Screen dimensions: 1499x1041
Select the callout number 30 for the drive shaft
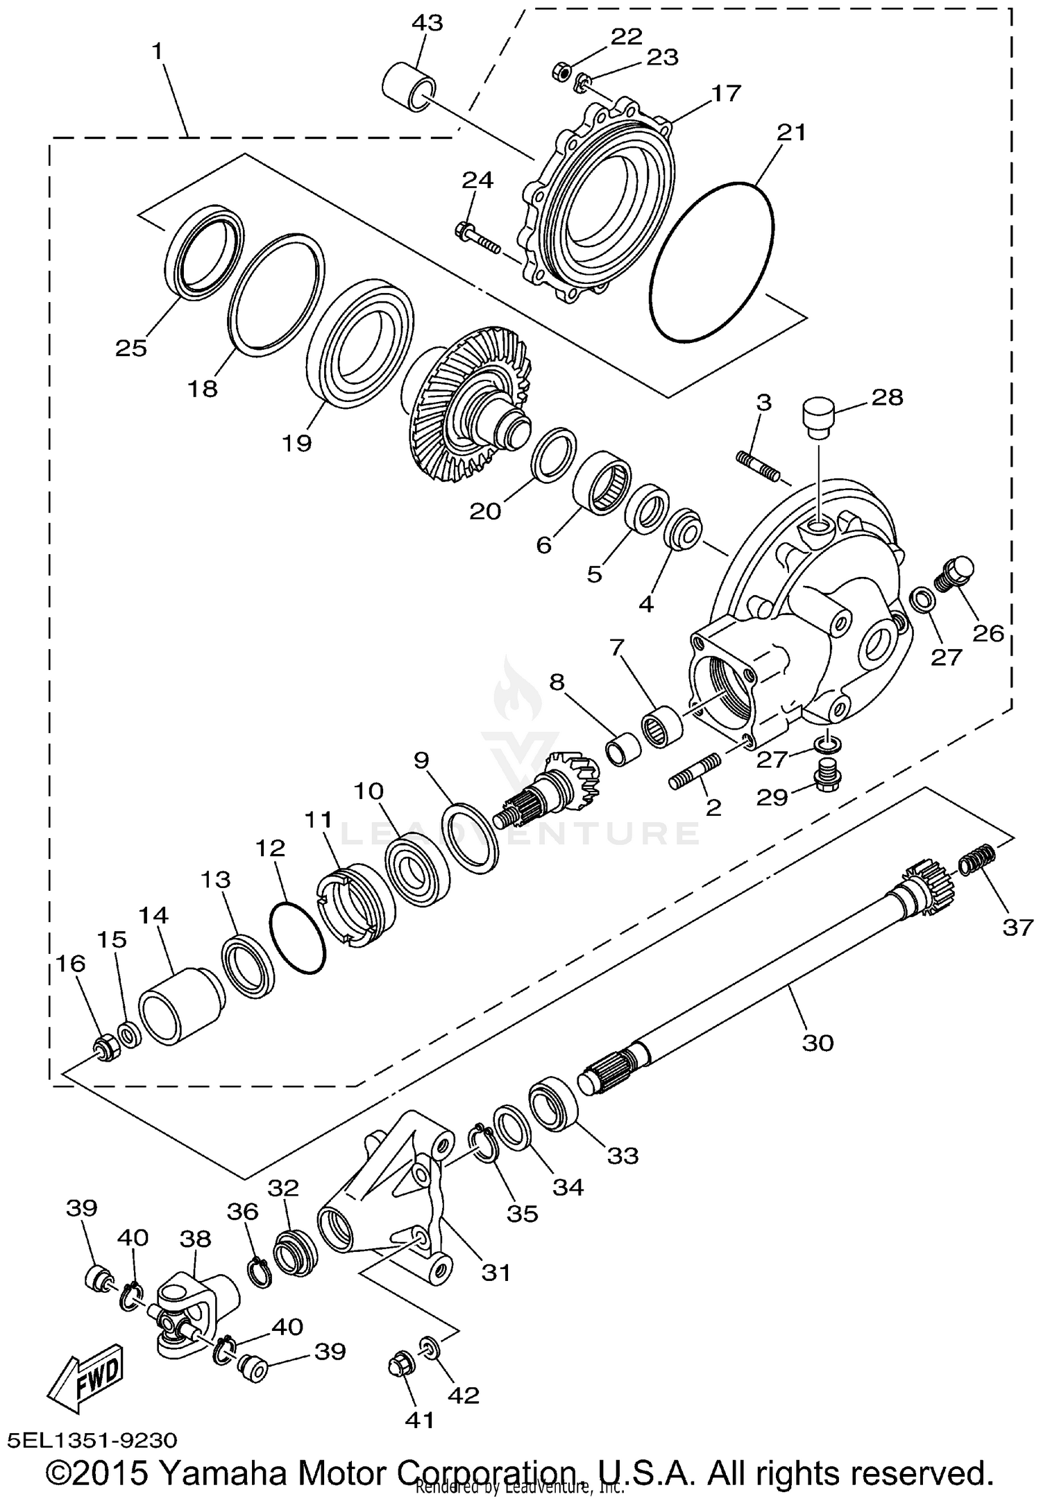coord(817,1042)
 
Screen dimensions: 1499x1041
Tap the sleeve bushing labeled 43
coord(410,87)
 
